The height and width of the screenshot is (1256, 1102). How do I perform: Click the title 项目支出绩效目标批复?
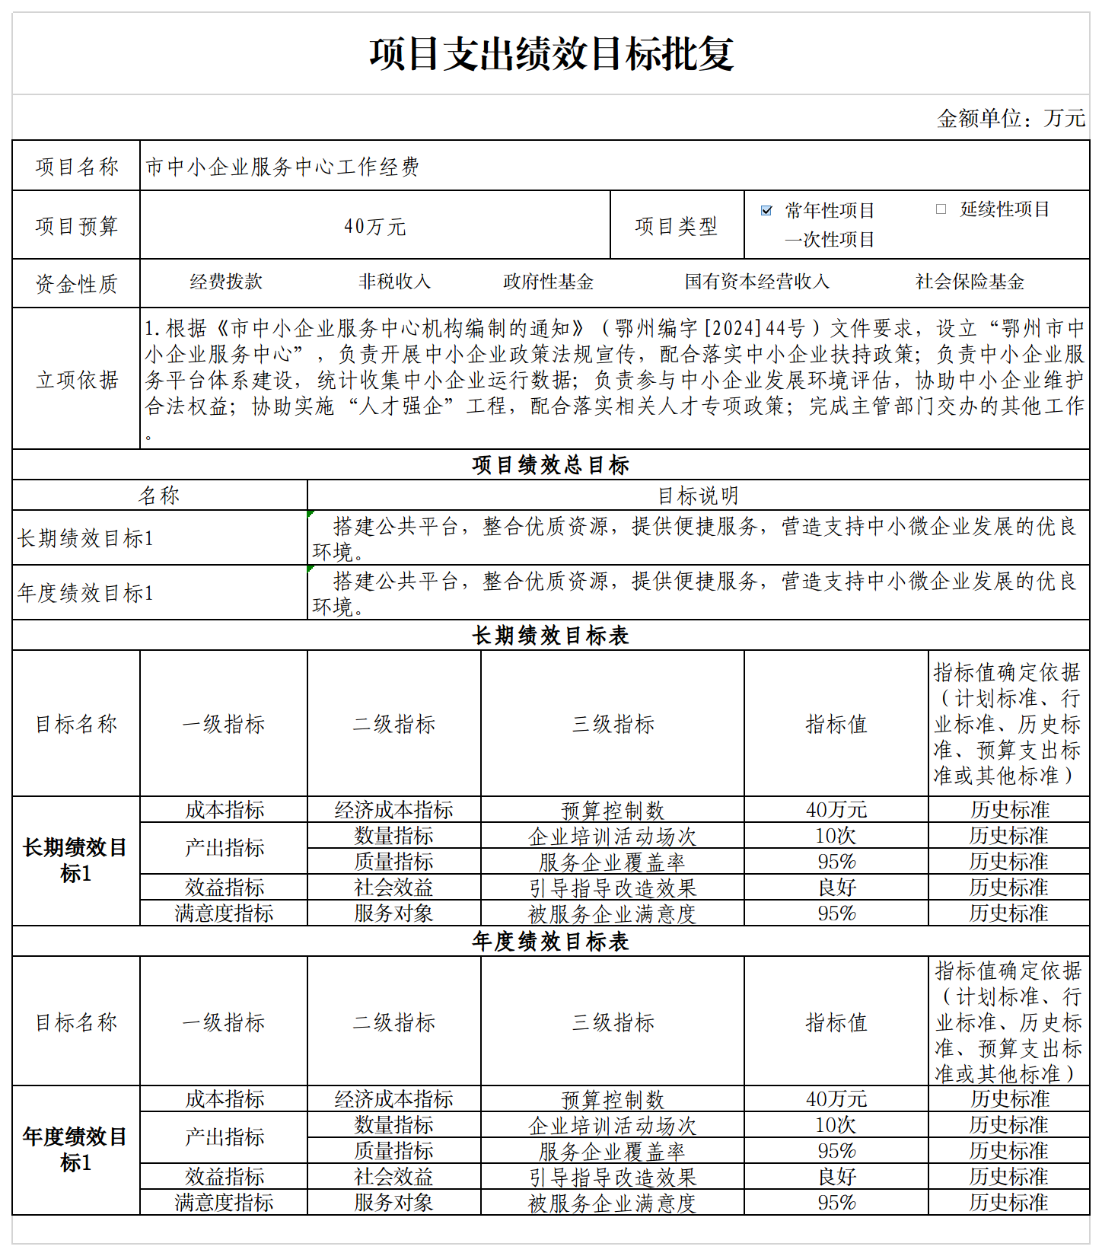click(551, 54)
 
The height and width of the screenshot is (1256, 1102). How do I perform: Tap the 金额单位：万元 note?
click(1011, 118)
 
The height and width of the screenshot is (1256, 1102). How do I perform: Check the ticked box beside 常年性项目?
click(766, 211)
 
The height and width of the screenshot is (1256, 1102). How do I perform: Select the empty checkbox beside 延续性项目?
click(941, 209)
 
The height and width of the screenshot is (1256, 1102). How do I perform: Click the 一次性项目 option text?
click(830, 240)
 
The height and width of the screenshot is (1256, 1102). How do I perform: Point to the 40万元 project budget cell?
click(375, 226)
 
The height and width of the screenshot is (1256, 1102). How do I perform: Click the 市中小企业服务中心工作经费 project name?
click(282, 167)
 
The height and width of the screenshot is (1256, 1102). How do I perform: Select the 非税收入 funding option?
click(394, 282)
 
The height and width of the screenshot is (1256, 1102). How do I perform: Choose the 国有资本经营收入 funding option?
click(756, 282)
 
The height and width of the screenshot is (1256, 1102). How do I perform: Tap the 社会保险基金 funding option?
click(970, 282)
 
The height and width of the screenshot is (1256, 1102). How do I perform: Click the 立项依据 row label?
click(76, 380)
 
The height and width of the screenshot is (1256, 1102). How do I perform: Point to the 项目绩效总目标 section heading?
click(550, 465)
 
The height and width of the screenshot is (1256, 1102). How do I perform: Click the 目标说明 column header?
click(698, 496)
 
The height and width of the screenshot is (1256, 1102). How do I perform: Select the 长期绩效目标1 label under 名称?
click(85, 538)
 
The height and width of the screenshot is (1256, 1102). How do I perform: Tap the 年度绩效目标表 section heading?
click(550, 942)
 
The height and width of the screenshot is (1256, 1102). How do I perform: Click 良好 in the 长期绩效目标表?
click(836, 888)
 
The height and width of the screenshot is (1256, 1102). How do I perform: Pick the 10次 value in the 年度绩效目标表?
click(836, 1125)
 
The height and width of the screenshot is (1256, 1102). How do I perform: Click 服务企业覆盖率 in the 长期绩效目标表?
click(612, 862)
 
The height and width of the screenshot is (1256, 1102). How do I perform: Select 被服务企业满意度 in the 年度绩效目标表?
click(612, 1203)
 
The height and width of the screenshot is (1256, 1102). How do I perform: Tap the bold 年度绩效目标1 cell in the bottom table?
click(75, 1149)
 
